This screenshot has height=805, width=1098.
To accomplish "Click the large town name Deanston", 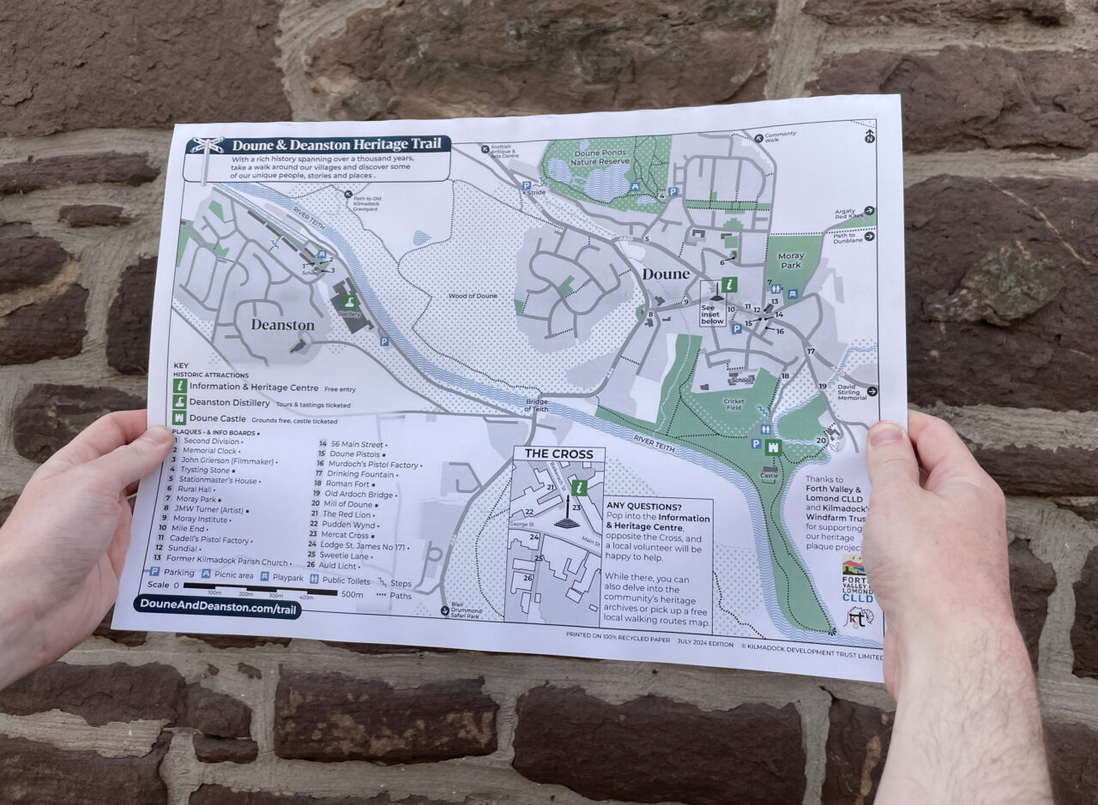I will tap(282, 325).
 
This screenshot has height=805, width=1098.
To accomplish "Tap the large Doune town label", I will tap(666, 274).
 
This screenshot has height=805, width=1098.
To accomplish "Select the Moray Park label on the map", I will tap(791, 261).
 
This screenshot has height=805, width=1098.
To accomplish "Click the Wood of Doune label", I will tap(472, 296).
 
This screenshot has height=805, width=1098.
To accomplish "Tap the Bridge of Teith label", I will tap(537, 406).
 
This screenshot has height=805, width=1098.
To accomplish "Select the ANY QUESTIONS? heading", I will tap(644, 507).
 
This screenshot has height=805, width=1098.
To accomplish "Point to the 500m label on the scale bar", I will tap(353, 593).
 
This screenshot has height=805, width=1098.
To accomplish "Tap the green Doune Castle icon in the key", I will tap(179, 420).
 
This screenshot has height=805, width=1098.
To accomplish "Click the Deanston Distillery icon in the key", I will tap(179, 403).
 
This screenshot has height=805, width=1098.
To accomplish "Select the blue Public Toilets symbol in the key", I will tap(313, 580).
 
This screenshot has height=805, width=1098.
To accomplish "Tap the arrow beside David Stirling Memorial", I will tap(872, 391).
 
